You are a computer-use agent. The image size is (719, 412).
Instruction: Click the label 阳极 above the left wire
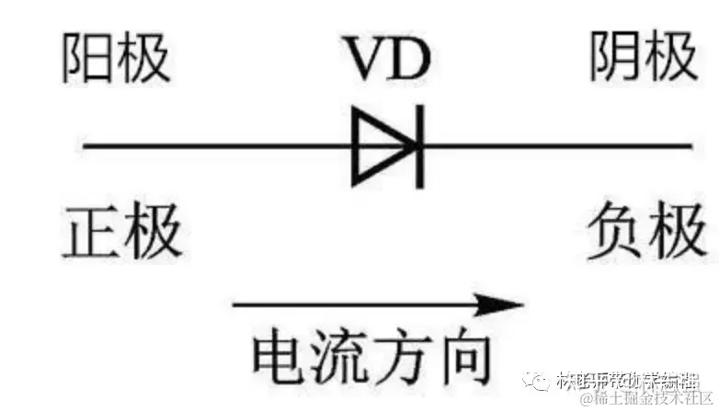tap(117, 59)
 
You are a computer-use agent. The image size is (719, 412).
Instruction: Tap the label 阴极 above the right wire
tap(643, 59)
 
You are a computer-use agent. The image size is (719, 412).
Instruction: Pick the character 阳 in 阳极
tap(89, 59)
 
